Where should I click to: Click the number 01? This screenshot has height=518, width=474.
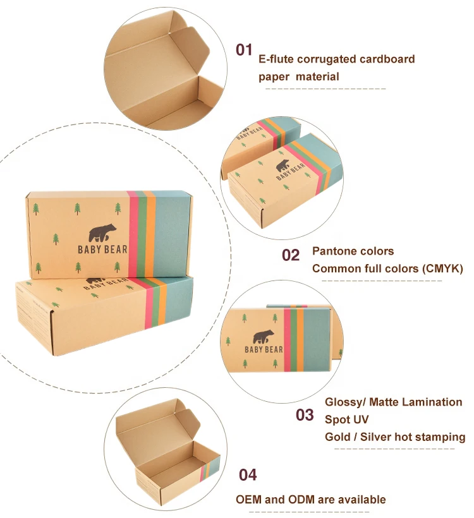244,50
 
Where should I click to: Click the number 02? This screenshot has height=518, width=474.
290,255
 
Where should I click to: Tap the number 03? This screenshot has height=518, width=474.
305,415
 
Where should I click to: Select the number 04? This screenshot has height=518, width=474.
247,475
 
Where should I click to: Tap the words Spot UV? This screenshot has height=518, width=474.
346,419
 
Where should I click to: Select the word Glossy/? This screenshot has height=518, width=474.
346,402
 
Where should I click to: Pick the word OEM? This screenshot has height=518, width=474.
249,500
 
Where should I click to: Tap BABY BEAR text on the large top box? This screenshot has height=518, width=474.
102,250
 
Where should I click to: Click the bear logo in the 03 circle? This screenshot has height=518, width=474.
264,336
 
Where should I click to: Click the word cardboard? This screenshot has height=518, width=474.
386,59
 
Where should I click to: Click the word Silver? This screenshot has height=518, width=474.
375,437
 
